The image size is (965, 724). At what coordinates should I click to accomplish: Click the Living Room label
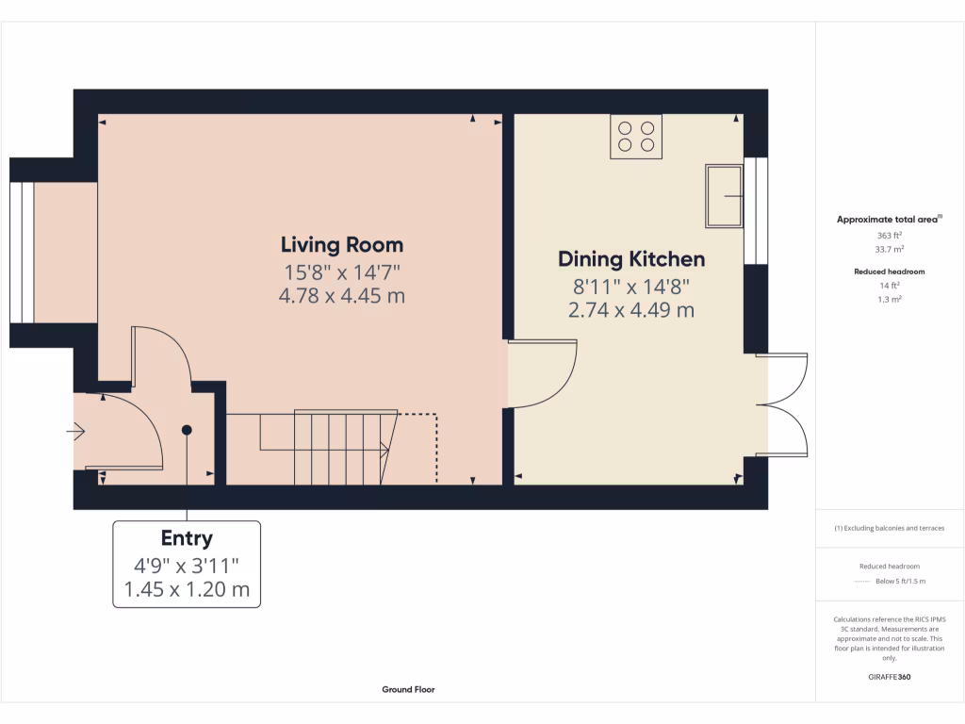click(x=342, y=245)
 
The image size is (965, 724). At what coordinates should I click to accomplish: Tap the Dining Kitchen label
click(x=631, y=258)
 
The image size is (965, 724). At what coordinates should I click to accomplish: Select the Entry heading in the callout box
click(x=187, y=538)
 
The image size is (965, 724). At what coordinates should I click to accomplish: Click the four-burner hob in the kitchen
click(x=636, y=136)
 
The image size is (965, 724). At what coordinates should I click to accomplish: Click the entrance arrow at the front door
click(x=76, y=432)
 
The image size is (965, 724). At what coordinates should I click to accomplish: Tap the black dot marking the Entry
click(x=187, y=430)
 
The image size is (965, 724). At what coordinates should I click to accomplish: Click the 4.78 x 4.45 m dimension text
click(x=342, y=296)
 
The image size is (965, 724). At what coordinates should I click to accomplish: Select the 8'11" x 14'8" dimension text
click(x=631, y=285)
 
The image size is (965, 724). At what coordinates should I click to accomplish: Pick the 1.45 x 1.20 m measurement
click(x=187, y=590)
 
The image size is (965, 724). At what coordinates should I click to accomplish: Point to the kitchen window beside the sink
click(x=756, y=210)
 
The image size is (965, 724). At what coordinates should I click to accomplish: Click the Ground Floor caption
click(x=408, y=689)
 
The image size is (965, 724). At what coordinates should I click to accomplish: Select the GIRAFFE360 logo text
click(x=890, y=677)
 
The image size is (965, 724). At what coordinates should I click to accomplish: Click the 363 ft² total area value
click(x=890, y=235)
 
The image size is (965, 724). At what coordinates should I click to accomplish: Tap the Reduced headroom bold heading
click(x=890, y=271)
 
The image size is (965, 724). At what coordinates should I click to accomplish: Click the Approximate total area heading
click(x=889, y=220)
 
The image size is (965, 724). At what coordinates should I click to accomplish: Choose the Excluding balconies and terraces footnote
click(x=890, y=528)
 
